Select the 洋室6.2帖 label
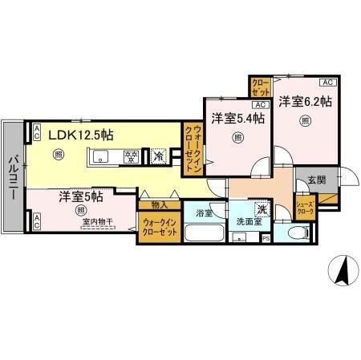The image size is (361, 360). (306, 102)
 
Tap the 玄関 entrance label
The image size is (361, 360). (315, 181)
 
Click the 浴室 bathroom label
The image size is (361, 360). (203, 214)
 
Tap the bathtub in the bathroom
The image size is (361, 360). (205, 235)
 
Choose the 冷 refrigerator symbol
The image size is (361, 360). (158, 156)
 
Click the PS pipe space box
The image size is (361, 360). (266, 239)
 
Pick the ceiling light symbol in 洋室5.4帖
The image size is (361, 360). (237, 137)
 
